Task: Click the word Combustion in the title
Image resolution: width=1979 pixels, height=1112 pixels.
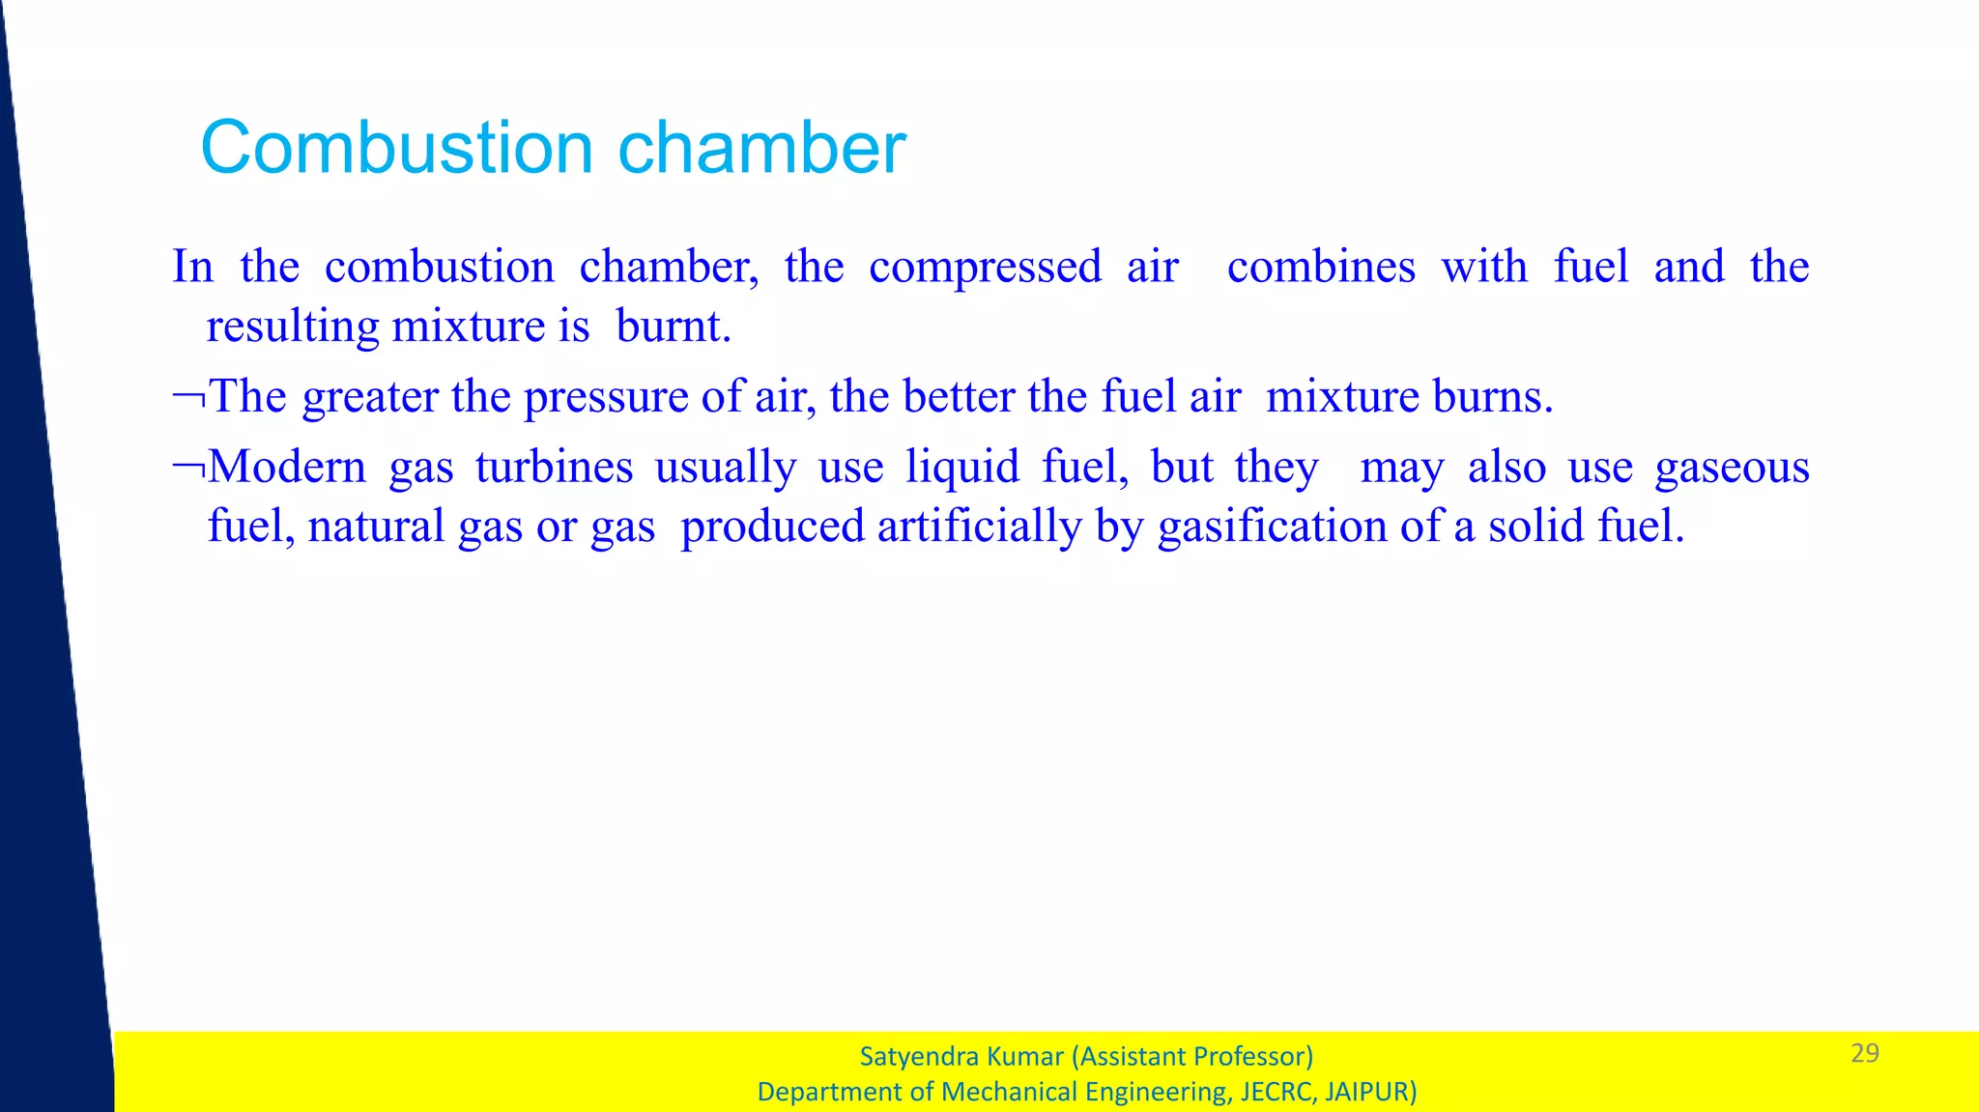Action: click(x=396, y=148)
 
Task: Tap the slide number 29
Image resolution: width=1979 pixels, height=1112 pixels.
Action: click(x=1864, y=1053)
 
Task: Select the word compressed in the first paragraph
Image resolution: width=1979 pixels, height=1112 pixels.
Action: click(x=985, y=267)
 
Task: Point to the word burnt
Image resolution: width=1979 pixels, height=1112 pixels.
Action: click(x=673, y=327)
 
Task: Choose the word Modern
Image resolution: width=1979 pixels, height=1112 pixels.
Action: click(x=288, y=468)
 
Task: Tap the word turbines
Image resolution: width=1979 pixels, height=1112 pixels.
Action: click(x=554, y=468)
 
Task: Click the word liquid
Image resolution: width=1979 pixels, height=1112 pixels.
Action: click(x=962, y=468)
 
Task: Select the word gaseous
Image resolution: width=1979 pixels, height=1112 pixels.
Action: click(x=1732, y=468)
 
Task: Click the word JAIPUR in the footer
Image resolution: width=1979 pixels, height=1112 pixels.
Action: click(x=1370, y=1092)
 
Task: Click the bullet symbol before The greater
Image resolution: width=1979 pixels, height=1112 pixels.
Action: click(x=188, y=397)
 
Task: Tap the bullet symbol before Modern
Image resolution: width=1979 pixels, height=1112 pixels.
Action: click(x=188, y=469)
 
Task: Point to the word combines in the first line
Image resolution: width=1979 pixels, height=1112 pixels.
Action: click(x=1321, y=267)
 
